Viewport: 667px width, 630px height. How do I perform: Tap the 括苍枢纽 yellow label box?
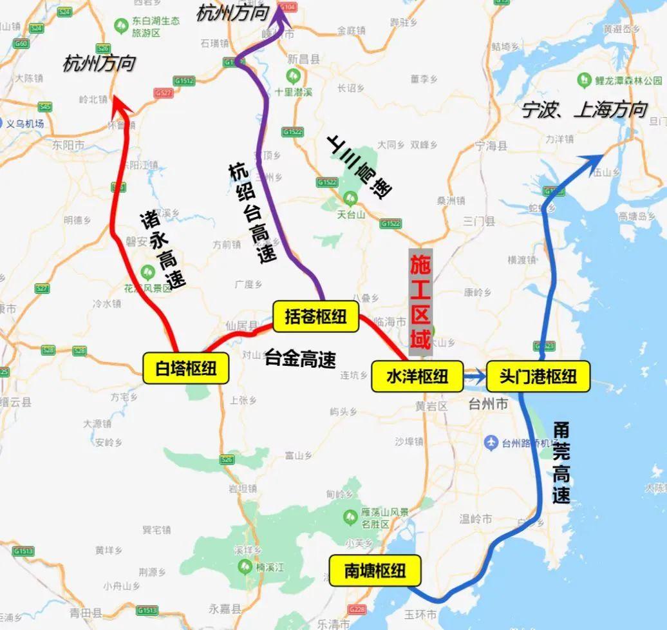click(x=315, y=317)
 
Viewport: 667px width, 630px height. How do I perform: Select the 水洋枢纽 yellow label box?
click(x=417, y=376)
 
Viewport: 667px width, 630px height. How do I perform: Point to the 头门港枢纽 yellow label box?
click(x=538, y=376)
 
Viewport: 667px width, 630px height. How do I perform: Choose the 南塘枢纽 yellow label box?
click(x=375, y=571)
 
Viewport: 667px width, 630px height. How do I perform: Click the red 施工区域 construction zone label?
click(x=420, y=302)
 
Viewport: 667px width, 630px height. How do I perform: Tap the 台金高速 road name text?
click(x=301, y=359)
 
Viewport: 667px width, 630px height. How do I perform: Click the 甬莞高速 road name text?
click(x=561, y=462)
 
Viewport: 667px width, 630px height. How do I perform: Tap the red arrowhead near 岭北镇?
click(x=118, y=103)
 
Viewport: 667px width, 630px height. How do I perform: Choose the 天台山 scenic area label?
click(x=351, y=215)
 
